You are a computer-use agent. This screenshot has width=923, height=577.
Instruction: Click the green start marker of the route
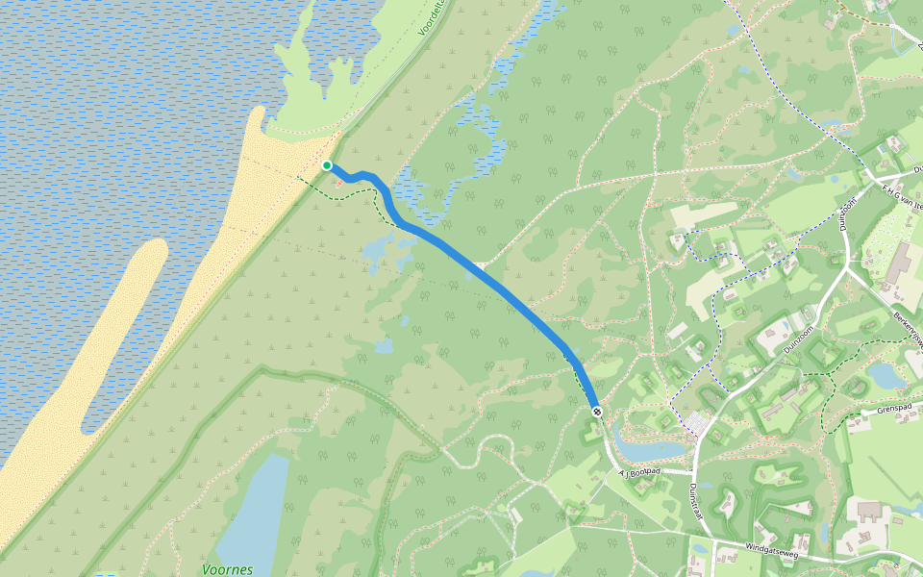click(x=327, y=165)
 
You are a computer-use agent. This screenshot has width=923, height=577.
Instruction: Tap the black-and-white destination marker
click(x=597, y=412)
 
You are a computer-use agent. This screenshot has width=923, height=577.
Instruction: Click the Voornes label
click(x=228, y=569)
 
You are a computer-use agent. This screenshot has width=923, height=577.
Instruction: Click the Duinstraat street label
click(x=696, y=500)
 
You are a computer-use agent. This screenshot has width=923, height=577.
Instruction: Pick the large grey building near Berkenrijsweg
click(x=901, y=262)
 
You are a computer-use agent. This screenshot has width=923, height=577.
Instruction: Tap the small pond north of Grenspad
click(x=885, y=375)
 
